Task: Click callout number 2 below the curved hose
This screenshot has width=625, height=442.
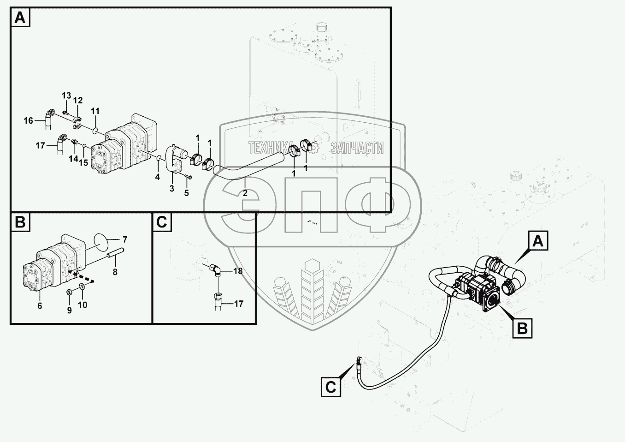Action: click(x=245, y=193)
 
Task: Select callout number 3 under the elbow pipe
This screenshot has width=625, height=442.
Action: click(x=172, y=188)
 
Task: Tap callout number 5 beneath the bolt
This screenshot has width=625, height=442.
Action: click(x=187, y=193)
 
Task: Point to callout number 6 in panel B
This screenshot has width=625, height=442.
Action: click(x=40, y=305)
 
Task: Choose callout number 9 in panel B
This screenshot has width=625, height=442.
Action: click(x=70, y=310)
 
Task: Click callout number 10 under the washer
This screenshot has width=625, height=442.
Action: click(x=83, y=305)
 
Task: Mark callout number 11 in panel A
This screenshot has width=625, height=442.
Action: click(x=95, y=111)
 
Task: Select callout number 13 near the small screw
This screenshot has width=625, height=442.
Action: click(x=66, y=96)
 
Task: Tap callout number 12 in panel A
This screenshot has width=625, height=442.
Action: click(x=78, y=100)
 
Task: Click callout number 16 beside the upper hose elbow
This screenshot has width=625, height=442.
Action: click(x=29, y=120)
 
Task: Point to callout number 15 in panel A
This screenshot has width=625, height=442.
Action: click(x=83, y=162)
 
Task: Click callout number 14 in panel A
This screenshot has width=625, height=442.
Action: click(x=73, y=159)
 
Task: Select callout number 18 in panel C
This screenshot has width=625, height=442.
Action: click(x=238, y=271)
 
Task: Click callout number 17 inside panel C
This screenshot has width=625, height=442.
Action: click(x=238, y=304)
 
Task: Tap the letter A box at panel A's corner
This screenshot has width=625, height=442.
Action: click(x=20, y=18)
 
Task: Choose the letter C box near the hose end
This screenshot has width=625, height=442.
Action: click(x=331, y=387)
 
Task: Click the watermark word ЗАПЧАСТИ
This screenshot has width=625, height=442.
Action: click(x=357, y=148)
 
